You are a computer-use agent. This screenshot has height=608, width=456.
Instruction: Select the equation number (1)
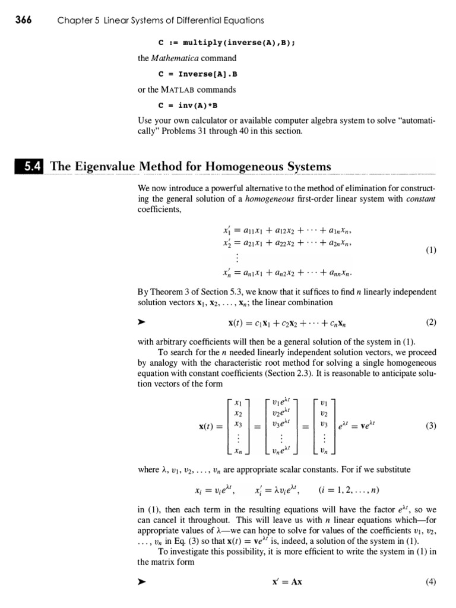pos(430,250)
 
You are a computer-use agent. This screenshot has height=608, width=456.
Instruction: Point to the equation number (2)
pos(430,322)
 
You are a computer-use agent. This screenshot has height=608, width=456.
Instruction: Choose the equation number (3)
pos(430,425)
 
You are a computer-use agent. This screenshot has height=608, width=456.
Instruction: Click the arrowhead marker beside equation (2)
pos(141,323)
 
